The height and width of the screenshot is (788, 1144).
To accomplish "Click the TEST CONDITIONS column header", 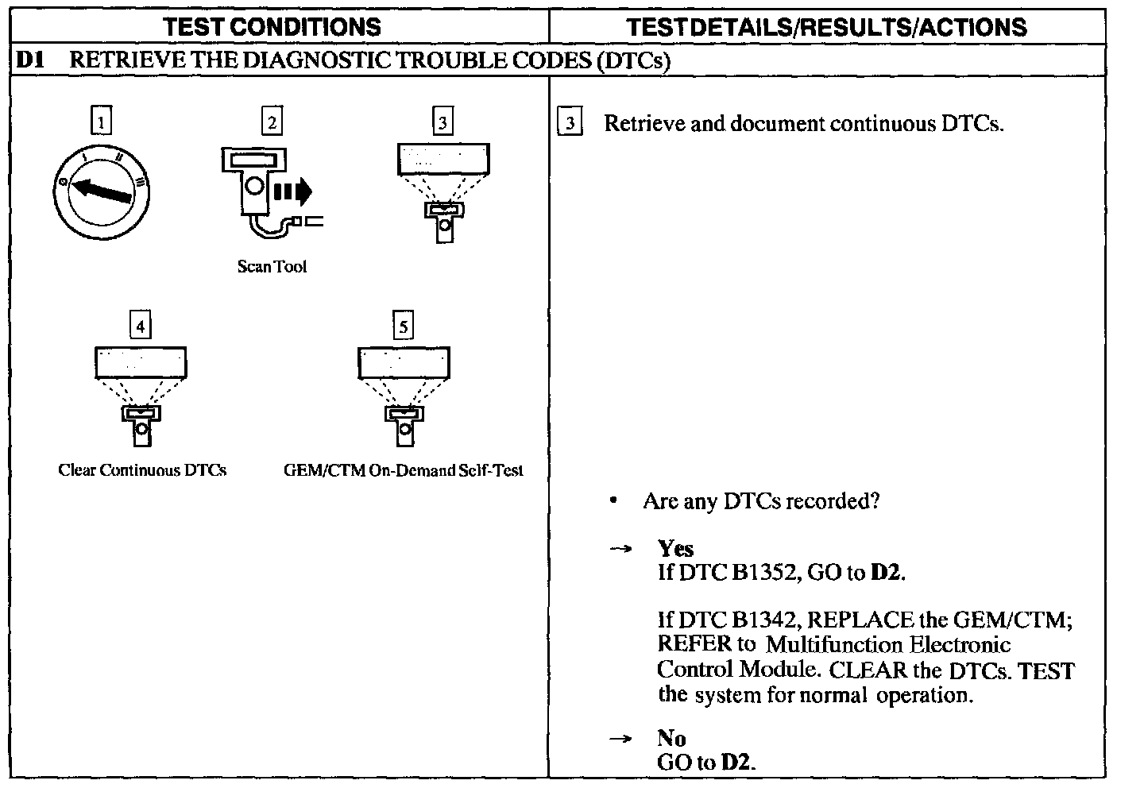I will pos(272,27).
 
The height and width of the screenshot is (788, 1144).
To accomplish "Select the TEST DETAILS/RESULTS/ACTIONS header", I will pos(826,27).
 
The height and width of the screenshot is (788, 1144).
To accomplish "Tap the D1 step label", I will pos(29,60).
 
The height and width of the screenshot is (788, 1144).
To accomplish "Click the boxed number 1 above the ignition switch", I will pos(101,122).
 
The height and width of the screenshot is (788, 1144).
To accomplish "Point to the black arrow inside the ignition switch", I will pos(102,191).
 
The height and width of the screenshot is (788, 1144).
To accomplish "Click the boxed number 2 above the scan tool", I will pos(272,122).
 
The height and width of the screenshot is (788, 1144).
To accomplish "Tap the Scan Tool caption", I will pos(272,267).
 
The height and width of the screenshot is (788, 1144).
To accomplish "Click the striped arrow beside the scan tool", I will pos(293,192).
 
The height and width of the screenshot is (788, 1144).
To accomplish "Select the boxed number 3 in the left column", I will pos(443,122).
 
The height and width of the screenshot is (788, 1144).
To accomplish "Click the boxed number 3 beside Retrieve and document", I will pos(570,124).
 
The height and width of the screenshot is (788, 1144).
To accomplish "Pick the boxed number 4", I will pos(141,326).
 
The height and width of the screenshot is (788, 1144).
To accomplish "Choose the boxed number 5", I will pos(404,326).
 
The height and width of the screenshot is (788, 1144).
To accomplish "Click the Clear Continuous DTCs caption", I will pos(142,470).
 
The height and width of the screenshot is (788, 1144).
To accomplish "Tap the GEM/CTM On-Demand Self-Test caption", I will pos(404,470).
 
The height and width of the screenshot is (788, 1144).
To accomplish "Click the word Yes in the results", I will pos(675,548).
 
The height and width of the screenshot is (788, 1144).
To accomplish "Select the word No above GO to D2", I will pos(671,739).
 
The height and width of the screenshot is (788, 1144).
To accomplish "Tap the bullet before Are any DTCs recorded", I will pos(613,501).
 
